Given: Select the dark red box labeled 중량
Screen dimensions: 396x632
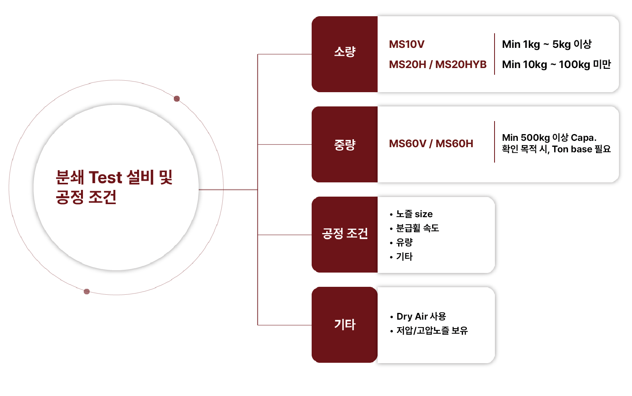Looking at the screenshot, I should [x=344, y=144].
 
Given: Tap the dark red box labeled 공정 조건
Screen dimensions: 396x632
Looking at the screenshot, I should [x=344, y=234].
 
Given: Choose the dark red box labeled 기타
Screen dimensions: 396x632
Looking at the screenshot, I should [x=344, y=324].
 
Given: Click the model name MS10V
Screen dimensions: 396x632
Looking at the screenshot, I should [x=406, y=44].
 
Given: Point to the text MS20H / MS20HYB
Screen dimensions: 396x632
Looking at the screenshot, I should [x=437, y=64].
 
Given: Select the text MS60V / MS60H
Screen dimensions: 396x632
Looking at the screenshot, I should [x=431, y=144].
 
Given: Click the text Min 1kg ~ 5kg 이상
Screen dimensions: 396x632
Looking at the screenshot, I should [x=546, y=44].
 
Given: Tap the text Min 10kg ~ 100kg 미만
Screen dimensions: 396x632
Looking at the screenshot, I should [x=556, y=64].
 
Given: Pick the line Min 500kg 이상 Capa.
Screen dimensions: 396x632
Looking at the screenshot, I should [x=549, y=138].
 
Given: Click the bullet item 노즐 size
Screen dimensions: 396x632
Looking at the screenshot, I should [x=414, y=214].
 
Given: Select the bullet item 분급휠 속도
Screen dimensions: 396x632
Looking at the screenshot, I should [x=417, y=228].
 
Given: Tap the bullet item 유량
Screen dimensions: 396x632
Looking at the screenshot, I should [x=404, y=242].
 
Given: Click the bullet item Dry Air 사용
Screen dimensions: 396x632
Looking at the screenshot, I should [x=421, y=316].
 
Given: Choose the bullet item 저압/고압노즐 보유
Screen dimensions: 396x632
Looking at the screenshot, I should [x=432, y=331].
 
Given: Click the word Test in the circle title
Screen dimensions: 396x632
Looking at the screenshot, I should [x=105, y=178].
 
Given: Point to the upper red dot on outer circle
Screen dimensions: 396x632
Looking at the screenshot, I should [x=177, y=99].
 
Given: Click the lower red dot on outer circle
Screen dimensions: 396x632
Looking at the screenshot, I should [x=87, y=292].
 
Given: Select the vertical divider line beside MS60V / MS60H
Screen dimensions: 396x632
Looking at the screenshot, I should [x=495, y=142].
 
